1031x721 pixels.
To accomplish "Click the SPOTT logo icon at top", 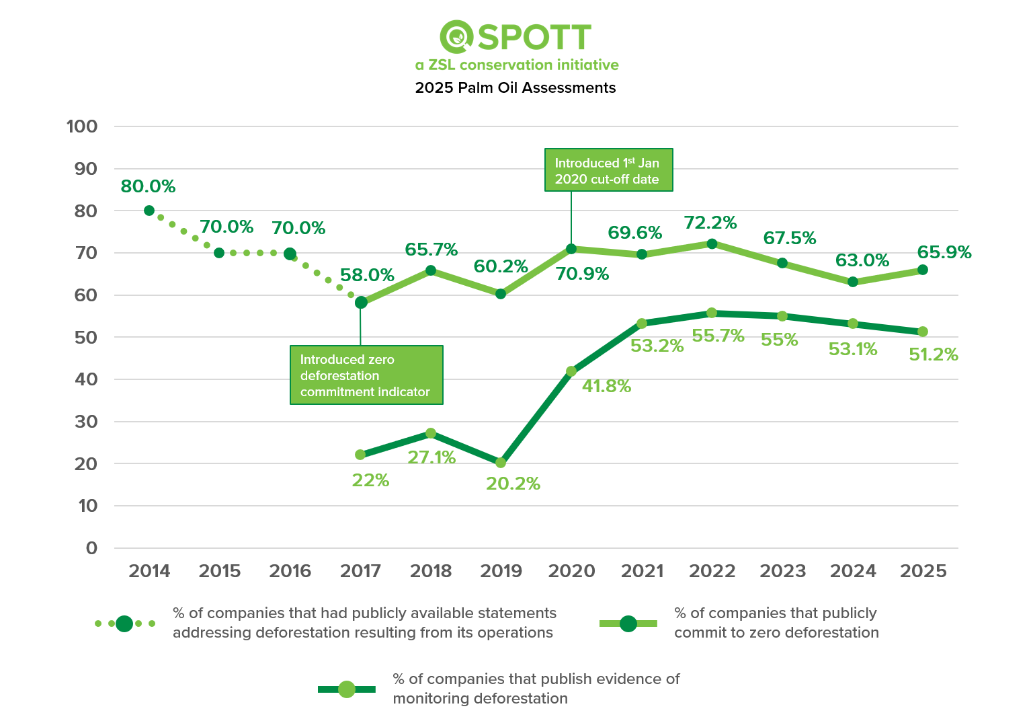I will coord(457,36).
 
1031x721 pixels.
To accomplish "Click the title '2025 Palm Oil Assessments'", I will coord(515,88).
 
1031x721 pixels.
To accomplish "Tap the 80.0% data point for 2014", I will coord(149,211).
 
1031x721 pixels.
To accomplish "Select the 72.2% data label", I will coord(710,223).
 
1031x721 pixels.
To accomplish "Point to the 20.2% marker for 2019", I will coord(501,463).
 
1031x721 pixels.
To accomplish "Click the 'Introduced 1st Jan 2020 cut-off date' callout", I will coord(608,170).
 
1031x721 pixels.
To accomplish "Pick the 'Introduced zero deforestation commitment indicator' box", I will coord(366,375).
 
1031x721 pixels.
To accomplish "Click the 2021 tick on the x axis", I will coord(642,571).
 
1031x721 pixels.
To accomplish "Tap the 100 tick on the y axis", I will coord(82,126).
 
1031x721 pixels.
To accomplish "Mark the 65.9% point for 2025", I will coord(923,270).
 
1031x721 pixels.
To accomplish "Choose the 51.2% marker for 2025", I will coord(923,332).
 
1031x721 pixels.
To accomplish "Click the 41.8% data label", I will coord(606,386).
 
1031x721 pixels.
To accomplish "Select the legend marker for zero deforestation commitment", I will coord(628,623).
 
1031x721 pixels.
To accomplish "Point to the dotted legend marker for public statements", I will coord(124,623).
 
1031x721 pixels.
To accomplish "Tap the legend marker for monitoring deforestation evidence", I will coord(346,689).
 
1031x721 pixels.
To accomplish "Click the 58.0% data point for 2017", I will coord(361,303).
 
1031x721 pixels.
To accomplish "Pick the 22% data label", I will coord(370,480).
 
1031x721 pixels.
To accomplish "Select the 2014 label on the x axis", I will coord(149,571).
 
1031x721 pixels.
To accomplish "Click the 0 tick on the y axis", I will coord(91,548).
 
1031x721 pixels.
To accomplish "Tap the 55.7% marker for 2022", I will coord(712,313).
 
